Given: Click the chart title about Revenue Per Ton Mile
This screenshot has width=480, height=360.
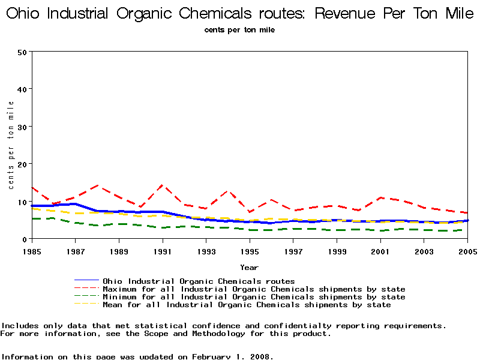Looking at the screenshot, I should [240, 14].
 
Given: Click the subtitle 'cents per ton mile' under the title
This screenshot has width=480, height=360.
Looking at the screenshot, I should [240, 30].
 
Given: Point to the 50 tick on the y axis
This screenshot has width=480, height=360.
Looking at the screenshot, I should [23, 52].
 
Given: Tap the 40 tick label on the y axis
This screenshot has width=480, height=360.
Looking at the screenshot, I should [23, 89].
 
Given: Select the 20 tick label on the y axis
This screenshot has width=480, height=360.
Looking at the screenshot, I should [23, 164].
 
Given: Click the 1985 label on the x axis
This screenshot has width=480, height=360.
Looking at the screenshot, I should [31, 250].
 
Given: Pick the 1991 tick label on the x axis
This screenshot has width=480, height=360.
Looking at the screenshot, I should [163, 250].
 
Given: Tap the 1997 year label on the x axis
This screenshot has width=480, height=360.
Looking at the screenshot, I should [293, 250].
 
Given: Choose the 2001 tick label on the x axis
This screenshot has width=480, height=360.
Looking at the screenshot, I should [381, 250].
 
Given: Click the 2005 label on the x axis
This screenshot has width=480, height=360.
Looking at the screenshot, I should [467, 250].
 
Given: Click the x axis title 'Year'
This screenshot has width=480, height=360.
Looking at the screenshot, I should [250, 267].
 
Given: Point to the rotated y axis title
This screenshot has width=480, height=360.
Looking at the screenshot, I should [11, 145].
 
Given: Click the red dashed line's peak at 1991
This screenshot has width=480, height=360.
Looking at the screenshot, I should [162, 185].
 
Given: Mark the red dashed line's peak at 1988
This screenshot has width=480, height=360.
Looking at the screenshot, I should [97, 186].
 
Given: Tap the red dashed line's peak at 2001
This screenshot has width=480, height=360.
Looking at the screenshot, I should [380, 197].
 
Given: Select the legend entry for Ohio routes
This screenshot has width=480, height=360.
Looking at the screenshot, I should [199, 281].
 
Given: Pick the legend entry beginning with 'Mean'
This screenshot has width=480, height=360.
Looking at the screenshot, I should [247, 305].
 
